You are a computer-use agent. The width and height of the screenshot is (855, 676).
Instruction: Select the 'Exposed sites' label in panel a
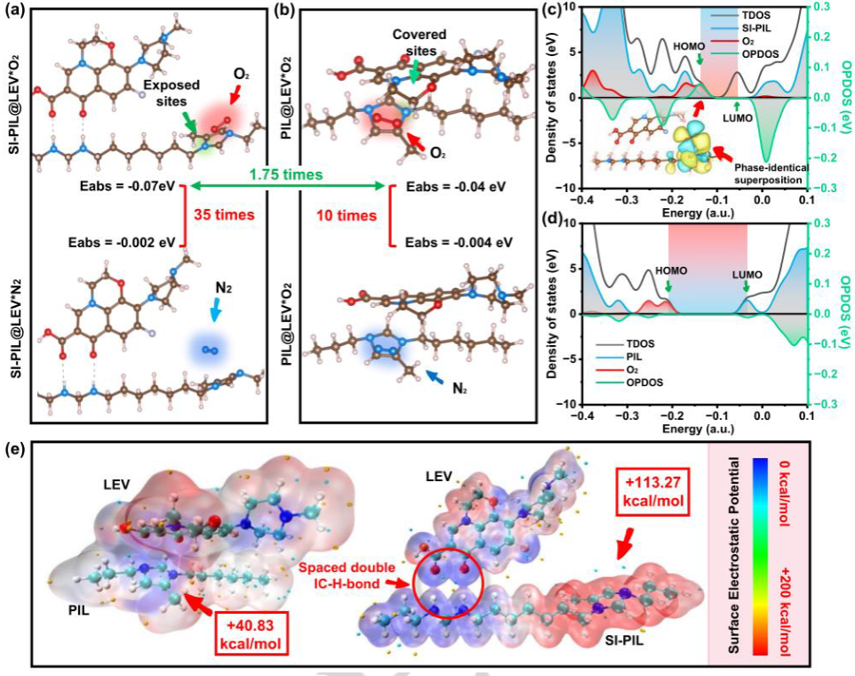pos(173,93)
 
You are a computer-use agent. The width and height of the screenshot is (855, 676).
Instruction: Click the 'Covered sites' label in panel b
pos(417,42)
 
